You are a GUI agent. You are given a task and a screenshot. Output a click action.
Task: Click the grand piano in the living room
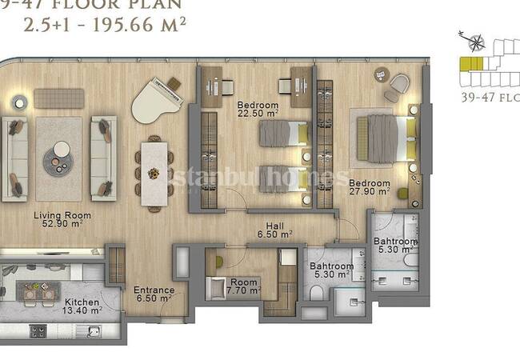(x=157, y=100)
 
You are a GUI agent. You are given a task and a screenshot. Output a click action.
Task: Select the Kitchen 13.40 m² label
(x=82, y=307)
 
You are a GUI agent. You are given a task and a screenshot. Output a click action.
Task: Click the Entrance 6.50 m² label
(x=154, y=294)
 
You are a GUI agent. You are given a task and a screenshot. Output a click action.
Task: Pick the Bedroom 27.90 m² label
(x=369, y=187)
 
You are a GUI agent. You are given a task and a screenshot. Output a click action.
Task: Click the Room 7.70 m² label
(x=244, y=286)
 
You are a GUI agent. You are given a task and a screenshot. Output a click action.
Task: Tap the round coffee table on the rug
(x=58, y=155)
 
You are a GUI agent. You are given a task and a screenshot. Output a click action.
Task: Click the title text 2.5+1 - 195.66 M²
(x=105, y=23)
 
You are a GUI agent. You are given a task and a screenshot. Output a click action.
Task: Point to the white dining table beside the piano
(x=154, y=164)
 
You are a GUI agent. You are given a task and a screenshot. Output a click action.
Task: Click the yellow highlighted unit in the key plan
(x=470, y=64)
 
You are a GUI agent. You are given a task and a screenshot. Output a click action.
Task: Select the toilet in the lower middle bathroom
(x=317, y=296)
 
